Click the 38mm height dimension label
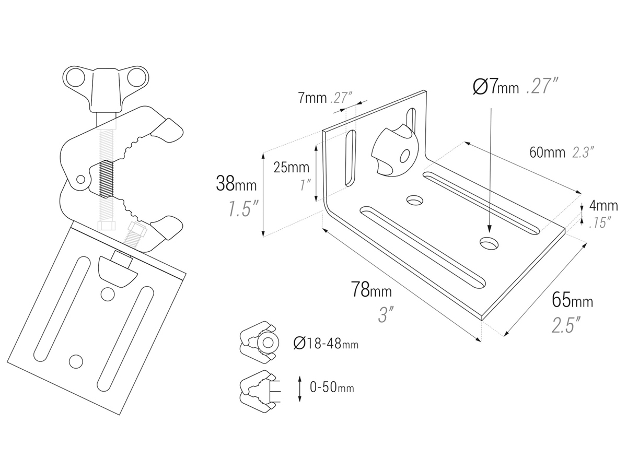point(236,184)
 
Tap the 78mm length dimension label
point(370,290)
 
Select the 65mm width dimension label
point(572,301)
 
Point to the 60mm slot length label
point(547,152)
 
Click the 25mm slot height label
point(292,168)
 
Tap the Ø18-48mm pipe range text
point(326,343)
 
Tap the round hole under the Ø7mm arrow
point(490,242)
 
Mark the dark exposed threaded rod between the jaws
point(106,179)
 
